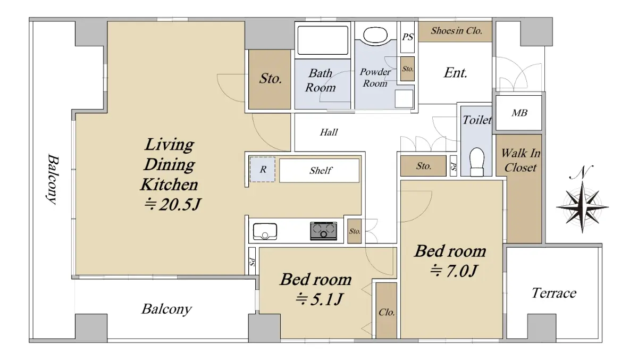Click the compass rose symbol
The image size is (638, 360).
582,207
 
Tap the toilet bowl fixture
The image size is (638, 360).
476,162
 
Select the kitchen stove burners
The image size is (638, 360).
323,231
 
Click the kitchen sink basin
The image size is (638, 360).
265,231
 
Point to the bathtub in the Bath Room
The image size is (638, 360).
323,40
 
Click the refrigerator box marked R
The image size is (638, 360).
262,170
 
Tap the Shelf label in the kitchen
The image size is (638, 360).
321,170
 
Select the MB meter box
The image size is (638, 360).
519,113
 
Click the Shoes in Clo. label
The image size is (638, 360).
456,30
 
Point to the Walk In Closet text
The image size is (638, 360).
521,161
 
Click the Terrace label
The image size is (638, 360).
554,293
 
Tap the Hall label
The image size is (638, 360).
329,132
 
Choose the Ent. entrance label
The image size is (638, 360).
456,73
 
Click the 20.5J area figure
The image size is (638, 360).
173,204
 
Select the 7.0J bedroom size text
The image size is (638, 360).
453,271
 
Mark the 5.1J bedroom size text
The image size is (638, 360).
319,299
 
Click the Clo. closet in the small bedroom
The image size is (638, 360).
387,311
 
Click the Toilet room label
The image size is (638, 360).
477,120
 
